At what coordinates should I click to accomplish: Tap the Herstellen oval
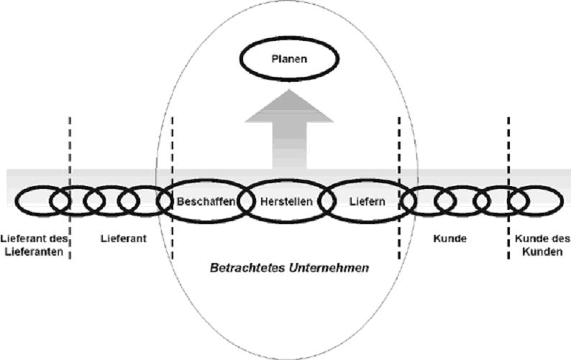pos(287,202)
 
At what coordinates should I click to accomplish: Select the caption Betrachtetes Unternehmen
pos(289,268)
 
